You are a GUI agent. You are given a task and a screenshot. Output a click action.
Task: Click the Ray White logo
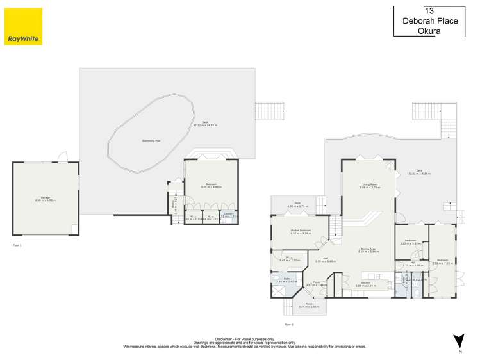(23, 26)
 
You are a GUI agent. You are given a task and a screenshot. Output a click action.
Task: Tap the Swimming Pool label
(151, 140)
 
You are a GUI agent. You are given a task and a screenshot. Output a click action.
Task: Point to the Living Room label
(370, 184)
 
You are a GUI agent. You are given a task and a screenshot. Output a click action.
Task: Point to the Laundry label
(228, 213)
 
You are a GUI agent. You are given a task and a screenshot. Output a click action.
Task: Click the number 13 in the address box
(429, 10)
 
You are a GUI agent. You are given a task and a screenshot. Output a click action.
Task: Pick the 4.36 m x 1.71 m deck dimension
(297, 206)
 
